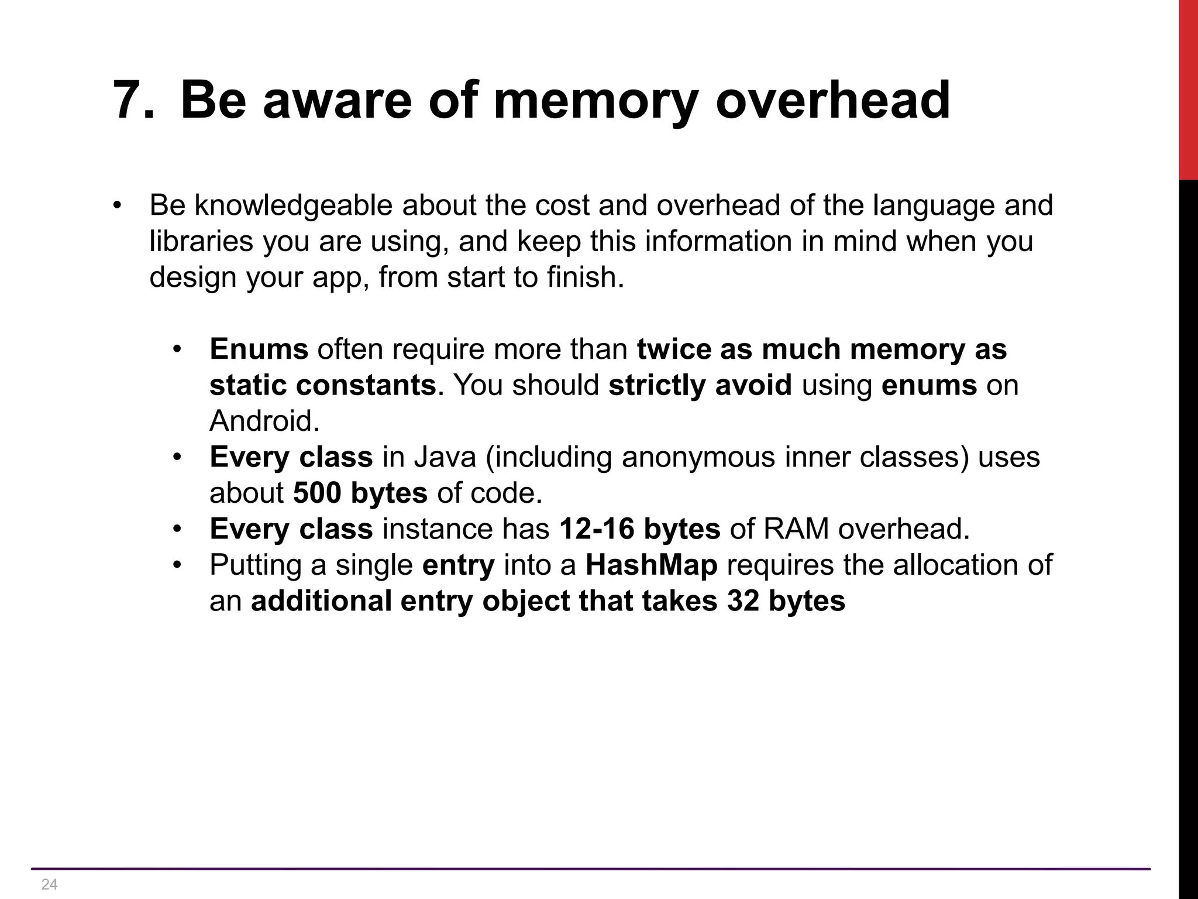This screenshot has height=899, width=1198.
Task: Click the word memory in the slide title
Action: [x=595, y=101]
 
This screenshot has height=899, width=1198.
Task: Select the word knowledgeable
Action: [x=297, y=206]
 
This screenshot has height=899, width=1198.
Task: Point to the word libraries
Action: [x=201, y=242]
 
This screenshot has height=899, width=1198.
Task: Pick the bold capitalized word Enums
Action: [x=259, y=349]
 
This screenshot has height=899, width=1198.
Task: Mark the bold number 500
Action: [x=316, y=493]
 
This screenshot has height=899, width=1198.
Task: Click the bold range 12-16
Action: [x=597, y=529]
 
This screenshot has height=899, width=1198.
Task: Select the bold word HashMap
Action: [x=651, y=565]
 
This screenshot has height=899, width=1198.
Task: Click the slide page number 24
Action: [x=50, y=884]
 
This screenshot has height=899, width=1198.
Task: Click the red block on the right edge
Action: [x=1188, y=88]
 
